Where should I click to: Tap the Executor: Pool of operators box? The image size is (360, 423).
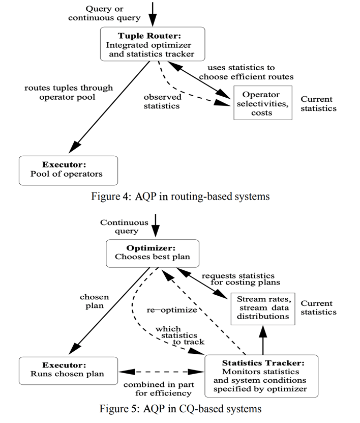(x=68, y=170)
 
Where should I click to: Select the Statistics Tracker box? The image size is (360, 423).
(x=261, y=376)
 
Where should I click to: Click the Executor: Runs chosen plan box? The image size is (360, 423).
(x=68, y=370)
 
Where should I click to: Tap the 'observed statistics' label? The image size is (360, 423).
(x=161, y=101)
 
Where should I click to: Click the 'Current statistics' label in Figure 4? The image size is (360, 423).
(x=318, y=103)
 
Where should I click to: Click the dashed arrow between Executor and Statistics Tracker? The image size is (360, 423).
(x=161, y=373)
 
